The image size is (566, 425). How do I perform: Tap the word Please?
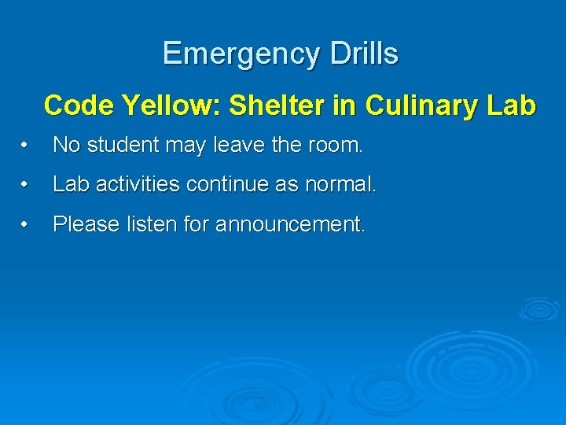pos(83,224)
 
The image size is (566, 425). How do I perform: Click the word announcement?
pos(290,224)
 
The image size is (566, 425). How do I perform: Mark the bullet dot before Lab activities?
pos(26,186)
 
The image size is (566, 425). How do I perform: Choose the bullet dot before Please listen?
pos(26,225)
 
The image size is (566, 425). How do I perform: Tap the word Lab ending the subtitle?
pos(512,105)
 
